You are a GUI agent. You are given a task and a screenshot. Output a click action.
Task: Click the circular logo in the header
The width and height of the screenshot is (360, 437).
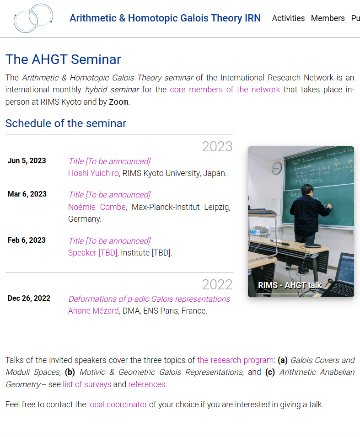point(33,18)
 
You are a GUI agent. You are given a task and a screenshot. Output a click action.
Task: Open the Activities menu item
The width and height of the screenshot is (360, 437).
point(288,18)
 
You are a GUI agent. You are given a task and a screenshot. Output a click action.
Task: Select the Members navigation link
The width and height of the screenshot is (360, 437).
point(328,18)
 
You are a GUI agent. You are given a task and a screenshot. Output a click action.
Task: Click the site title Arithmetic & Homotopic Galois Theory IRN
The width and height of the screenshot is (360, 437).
point(165,18)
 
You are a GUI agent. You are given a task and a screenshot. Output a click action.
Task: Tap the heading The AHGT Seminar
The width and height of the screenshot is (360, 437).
point(63,59)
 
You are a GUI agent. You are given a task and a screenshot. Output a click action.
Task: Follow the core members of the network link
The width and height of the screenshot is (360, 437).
point(225,90)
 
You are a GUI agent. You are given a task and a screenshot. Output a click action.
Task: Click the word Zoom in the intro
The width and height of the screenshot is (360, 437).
point(118,102)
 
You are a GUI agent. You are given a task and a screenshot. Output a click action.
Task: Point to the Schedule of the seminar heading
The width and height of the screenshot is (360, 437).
point(66,123)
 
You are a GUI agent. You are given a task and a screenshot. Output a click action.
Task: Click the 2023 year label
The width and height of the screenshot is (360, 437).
point(217,147)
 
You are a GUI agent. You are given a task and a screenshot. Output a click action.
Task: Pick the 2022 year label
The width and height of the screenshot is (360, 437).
point(217,285)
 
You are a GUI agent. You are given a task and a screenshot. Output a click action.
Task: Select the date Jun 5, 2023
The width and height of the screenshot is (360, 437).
point(27,160)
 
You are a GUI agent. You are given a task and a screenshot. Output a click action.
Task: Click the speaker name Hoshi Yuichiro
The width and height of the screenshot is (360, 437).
point(93,173)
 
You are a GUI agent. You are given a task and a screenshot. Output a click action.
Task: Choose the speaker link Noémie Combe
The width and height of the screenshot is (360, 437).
point(97,207)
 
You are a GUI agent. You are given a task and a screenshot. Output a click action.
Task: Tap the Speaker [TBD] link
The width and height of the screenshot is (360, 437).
point(93,253)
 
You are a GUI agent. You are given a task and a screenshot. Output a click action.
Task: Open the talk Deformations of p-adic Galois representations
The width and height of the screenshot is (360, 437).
point(149,299)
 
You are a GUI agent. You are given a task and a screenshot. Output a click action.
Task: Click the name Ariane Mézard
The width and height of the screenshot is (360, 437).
point(93,311)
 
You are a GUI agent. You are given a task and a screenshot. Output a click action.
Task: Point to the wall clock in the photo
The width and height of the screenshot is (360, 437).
point(276,168)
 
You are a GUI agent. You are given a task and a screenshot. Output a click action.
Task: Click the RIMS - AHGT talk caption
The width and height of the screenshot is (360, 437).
point(290,285)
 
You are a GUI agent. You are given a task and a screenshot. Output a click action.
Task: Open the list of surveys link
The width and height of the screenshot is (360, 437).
point(87,384)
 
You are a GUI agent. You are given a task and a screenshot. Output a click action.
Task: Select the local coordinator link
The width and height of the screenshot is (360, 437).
point(118,405)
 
